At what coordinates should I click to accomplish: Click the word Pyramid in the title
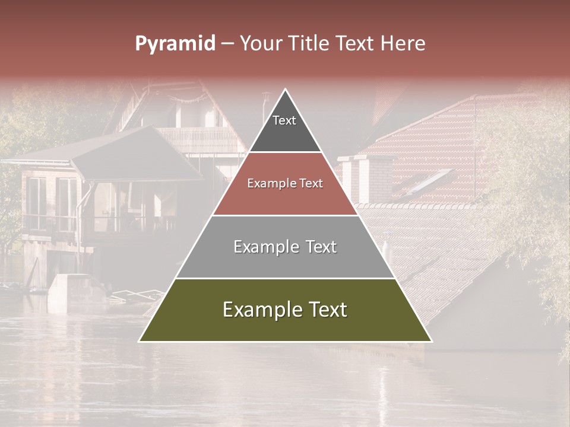(175, 44)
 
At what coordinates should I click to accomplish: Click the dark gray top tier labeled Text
(285, 128)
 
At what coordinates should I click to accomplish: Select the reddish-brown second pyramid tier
(285, 193)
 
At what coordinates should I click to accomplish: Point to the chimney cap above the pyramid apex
(266, 94)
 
